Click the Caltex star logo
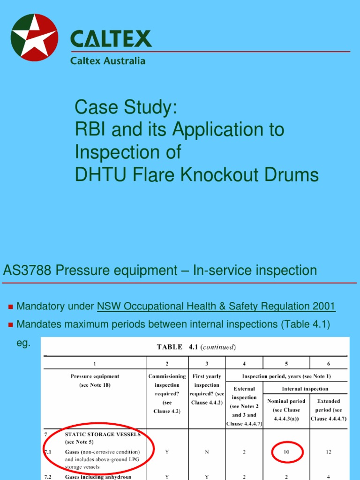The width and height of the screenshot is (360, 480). (x=34, y=37)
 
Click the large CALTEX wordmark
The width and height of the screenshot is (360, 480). (x=111, y=39)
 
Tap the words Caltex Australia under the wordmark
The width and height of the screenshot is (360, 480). (x=108, y=61)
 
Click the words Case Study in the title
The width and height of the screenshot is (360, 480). (x=126, y=108)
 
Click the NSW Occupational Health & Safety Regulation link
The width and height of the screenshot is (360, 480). (x=216, y=307)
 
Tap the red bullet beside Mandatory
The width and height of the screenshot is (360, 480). (x=10, y=307)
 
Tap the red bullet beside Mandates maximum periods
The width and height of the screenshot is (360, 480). (x=10, y=325)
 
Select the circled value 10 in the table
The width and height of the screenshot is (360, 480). (x=287, y=452)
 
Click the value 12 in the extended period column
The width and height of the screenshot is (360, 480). (x=328, y=452)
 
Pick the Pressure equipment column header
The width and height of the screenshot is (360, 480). (x=95, y=380)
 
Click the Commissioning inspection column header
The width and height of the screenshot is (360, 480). (x=167, y=393)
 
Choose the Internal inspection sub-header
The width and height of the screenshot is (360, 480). (x=305, y=389)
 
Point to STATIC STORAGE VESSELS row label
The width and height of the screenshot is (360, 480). (x=102, y=434)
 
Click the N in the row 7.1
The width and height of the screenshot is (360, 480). (x=206, y=452)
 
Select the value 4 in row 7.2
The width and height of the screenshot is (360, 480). (x=328, y=477)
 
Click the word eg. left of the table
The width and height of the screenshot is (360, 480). (x=23, y=343)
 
